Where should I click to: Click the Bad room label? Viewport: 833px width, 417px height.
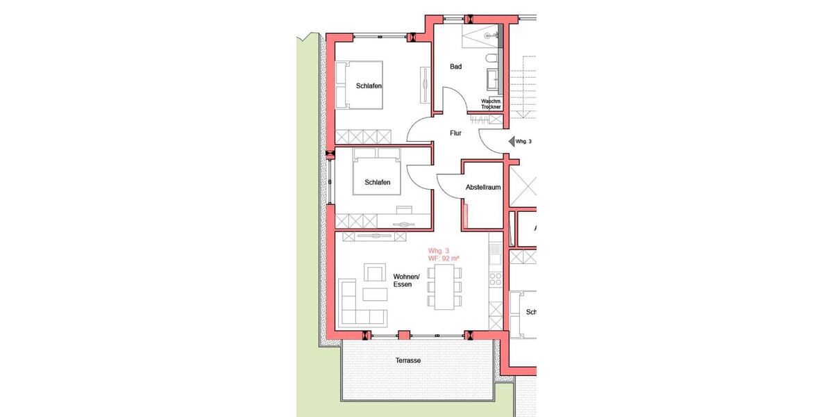[456, 67]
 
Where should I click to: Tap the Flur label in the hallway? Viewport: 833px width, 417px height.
[455, 133]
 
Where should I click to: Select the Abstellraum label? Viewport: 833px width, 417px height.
[483, 188]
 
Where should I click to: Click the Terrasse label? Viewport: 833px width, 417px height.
[408, 361]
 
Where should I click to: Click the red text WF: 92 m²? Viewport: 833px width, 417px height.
[444, 259]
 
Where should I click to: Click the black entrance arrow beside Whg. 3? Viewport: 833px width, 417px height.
[511, 141]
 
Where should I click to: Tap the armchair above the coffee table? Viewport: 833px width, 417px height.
[375, 274]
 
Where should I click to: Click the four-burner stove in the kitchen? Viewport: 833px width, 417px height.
[496, 279]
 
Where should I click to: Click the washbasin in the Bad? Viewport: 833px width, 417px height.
[495, 79]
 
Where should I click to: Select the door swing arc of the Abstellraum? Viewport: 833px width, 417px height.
[447, 182]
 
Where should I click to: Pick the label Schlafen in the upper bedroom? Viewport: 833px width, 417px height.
[369, 86]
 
